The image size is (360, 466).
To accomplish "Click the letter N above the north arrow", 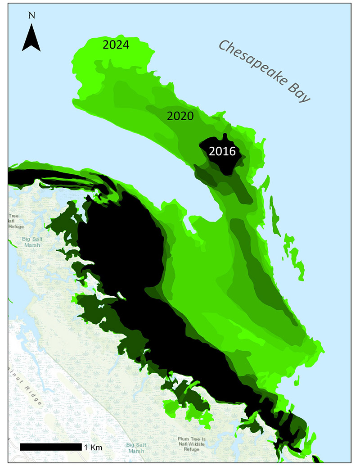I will (31, 14).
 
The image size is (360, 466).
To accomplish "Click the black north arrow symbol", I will (31, 38).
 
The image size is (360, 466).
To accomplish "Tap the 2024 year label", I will (116, 45).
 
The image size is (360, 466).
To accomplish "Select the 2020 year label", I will (180, 116).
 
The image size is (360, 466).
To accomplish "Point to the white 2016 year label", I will (222, 152).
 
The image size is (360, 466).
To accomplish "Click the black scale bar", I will (51, 447).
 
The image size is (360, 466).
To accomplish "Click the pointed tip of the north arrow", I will (31, 25).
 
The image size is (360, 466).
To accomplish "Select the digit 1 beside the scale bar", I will (85, 447).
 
